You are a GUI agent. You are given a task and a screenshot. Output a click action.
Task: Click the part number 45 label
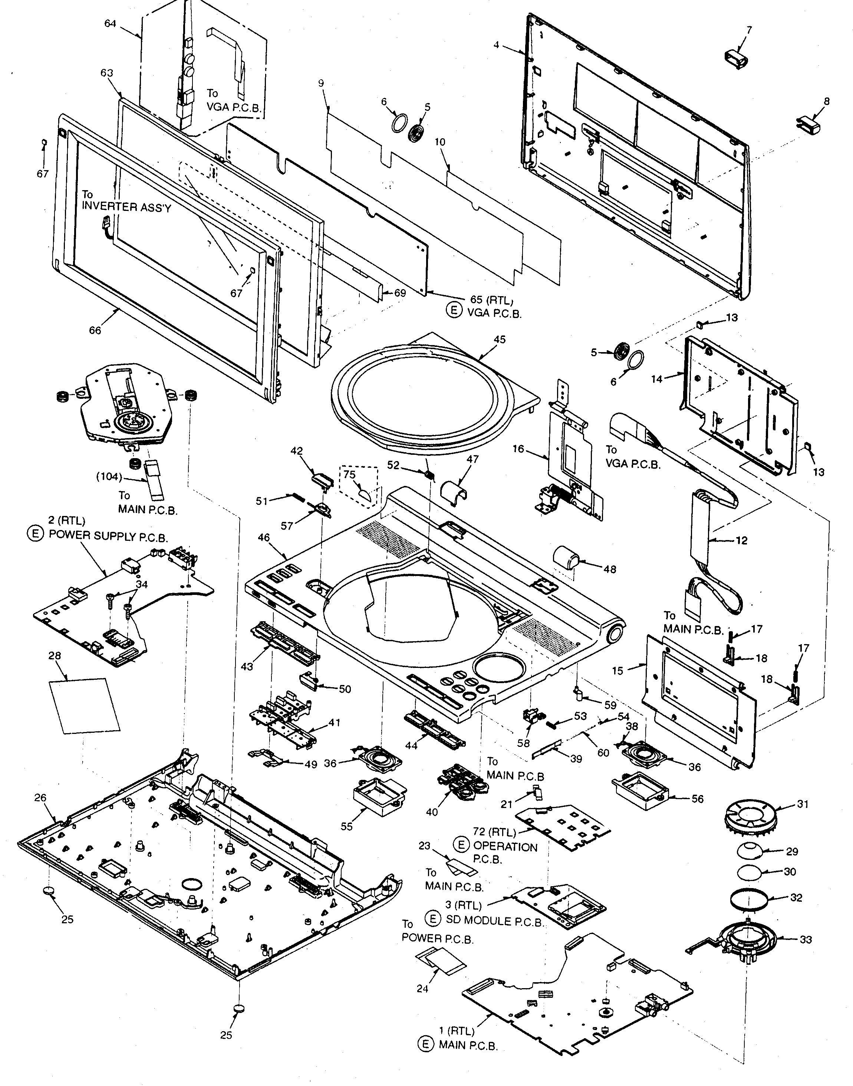click(x=500, y=340)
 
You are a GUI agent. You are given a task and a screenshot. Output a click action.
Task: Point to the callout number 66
click(x=95, y=330)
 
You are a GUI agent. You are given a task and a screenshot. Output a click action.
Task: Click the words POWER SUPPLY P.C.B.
click(x=108, y=536)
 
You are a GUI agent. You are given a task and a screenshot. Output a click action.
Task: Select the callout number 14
click(x=657, y=379)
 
